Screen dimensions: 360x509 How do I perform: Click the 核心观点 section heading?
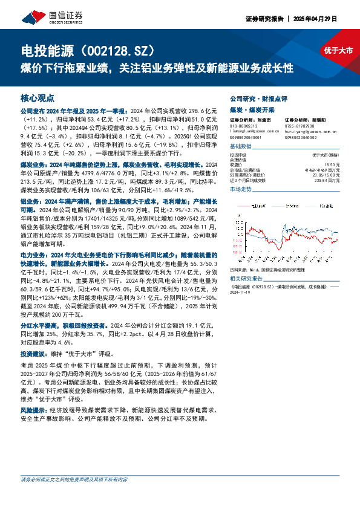pos(38,97)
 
